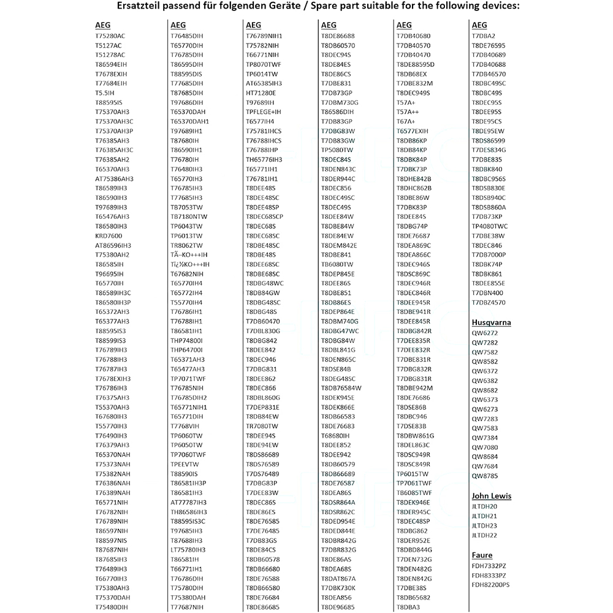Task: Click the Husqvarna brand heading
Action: (x=491, y=322)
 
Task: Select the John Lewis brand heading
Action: (x=491, y=496)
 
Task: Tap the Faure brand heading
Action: (x=482, y=555)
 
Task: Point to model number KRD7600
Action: (x=109, y=236)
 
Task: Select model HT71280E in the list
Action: (x=261, y=93)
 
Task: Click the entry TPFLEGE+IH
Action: (x=263, y=112)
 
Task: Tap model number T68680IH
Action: (x=335, y=435)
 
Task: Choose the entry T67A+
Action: (x=406, y=121)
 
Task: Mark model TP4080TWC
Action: (x=490, y=226)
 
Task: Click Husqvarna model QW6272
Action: (x=484, y=333)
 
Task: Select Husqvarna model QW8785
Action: (x=484, y=476)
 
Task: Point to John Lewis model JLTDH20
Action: (x=484, y=506)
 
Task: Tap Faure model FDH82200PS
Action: (x=490, y=585)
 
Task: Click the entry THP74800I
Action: (x=186, y=340)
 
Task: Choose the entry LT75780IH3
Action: (x=188, y=549)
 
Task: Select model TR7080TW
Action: (x=261, y=426)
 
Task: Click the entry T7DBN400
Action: (x=487, y=293)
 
